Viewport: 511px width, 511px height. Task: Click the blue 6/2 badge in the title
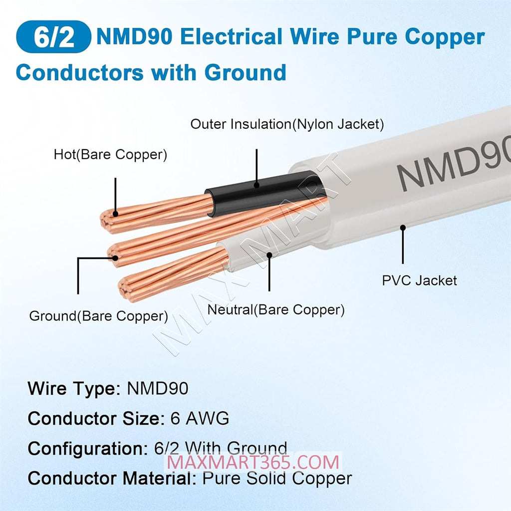coord(53,37)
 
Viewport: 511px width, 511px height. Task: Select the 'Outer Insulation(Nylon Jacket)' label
coord(287,124)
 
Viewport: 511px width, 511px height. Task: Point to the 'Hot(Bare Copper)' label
coord(110,155)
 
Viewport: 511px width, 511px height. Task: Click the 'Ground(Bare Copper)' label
coord(98,316)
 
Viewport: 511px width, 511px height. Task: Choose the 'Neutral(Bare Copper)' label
coord(276,309)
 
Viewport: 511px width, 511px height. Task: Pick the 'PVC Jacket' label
coord(419,280)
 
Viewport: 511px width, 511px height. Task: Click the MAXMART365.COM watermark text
coord(253,463)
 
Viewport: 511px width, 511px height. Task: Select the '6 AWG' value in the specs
coord(200,418)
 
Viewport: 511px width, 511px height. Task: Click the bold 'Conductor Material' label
coord(112,479)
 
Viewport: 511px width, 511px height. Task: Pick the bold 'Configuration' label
coord(88,449)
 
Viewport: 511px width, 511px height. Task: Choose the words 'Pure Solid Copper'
coord(277,478)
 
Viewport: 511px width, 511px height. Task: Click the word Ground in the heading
coord(246,72)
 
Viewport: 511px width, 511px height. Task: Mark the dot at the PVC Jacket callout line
coord(403,228)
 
